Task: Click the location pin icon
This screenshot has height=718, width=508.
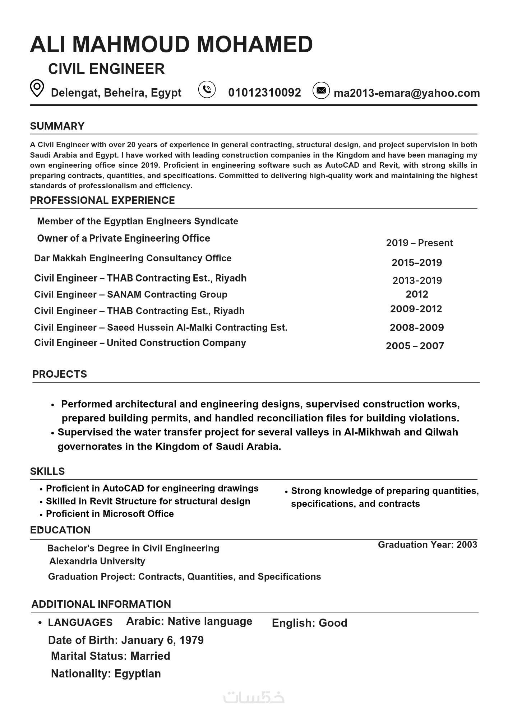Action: tap(37, 88)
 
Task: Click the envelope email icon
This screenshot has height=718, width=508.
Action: tap(321, 90)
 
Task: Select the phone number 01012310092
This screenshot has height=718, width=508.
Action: tap(264, 93)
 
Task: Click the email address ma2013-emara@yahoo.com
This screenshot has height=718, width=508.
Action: tap(407, 93)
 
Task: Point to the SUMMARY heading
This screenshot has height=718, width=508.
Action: tap(57, 126)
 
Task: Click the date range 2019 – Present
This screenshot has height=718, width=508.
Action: tap(419, 243)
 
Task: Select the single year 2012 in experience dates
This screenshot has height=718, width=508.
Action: tap(417, 294)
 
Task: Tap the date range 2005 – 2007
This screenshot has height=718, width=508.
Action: tap(415, 346)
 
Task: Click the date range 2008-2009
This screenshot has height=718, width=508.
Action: tap(417, 327)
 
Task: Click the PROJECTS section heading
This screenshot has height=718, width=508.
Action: tap(60, 374)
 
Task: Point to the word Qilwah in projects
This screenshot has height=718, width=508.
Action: tap(442, 432)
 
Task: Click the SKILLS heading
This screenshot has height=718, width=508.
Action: tap(47, 471)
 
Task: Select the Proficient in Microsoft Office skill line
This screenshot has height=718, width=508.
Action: tap(110, 514)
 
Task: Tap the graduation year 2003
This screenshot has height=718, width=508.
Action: tap(467, 545)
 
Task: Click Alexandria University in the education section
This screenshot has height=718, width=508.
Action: tap(97, 561)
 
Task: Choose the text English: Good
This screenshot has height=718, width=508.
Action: tap(309, 623)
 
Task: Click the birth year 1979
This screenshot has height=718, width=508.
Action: tap(191, 640)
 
